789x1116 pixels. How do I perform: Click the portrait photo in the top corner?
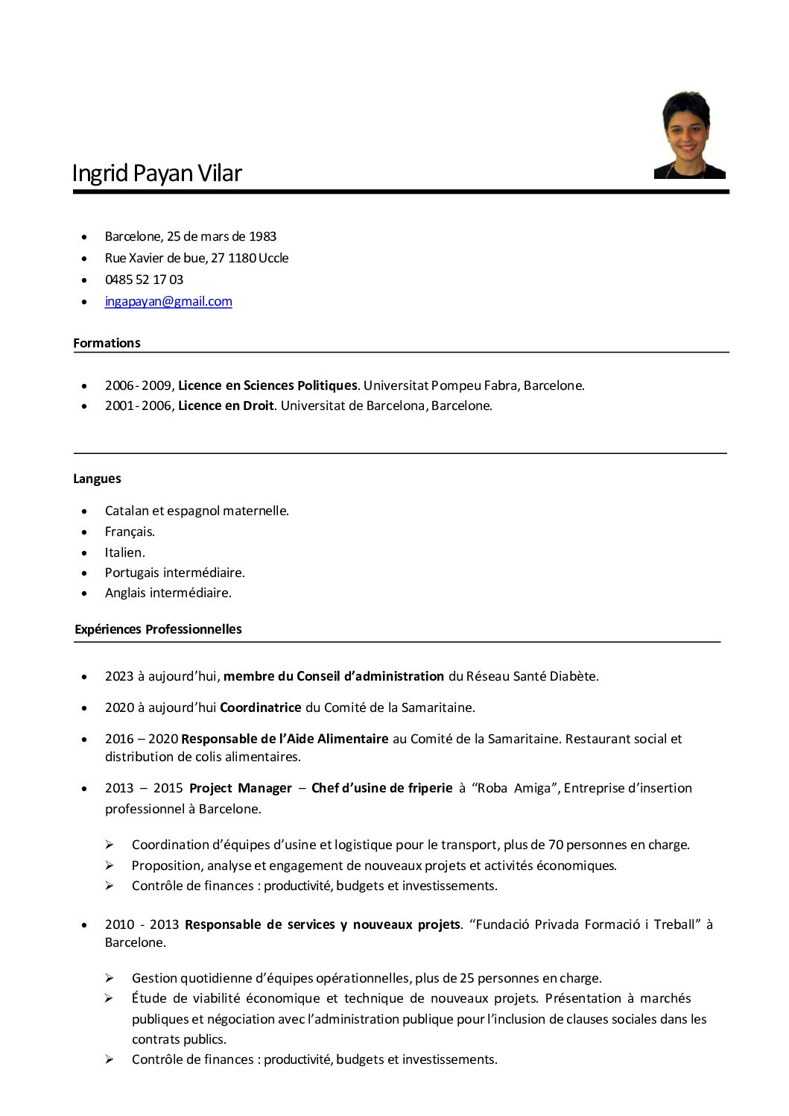[689, 135]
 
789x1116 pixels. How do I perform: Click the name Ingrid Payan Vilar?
[157, 173]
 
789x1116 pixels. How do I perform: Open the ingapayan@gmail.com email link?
[168, 301]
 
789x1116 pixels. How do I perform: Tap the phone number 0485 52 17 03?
[144, 280]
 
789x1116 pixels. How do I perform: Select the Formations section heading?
[107, 343]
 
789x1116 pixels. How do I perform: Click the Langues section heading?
[97, 479]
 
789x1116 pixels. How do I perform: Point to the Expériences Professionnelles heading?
[158, 629]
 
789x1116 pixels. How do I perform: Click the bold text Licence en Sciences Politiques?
[267, 385]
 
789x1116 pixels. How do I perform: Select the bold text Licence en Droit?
[226, 406]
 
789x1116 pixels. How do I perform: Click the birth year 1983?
[262, 236]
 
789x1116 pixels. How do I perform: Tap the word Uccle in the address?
[273, 258]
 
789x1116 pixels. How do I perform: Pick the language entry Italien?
[124, 552]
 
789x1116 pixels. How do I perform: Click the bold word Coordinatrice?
[261, 707]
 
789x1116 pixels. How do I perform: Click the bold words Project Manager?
[241, 788]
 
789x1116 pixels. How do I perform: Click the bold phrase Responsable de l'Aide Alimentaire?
[285, 739]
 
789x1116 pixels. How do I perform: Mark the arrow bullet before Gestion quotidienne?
[109, 977]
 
